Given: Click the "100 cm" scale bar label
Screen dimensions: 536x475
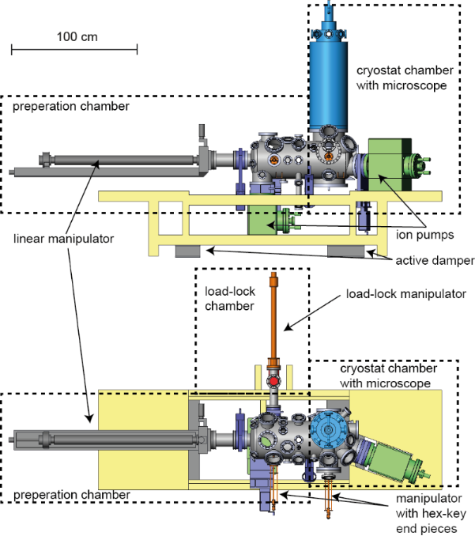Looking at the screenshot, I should click(75, 36).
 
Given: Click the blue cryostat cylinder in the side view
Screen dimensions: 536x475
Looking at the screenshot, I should click(331, 79).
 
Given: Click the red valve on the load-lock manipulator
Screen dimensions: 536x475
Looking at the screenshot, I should click(274, 381).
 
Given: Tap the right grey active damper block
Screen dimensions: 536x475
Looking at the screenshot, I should click(347, 251).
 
